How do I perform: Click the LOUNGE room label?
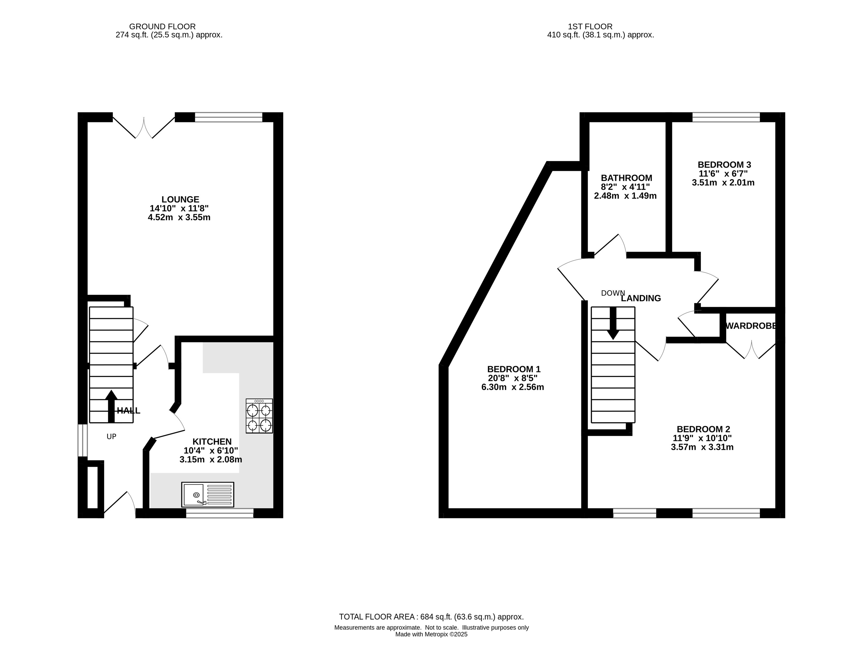click(x=180, y=200)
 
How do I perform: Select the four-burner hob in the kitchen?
click(x=259, y=416)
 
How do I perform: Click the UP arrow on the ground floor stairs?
click(x=111, y=406)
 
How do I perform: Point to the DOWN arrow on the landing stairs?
click(x=613, y=323)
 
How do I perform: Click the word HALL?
click(x=128, y=411)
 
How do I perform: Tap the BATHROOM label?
click(x=626, y=178)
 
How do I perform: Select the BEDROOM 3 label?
click(x=724, y=165)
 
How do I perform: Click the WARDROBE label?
click(x=751, y=326)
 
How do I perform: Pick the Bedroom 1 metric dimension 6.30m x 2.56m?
click(x=513, y=387)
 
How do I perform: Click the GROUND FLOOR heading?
click(x=162, y=26)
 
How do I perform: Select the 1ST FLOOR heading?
click(x=590, y=26)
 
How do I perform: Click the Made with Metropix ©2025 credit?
click(x=431, y=635)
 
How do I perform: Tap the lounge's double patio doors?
click(x=144, y=126)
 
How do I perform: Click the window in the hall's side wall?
click(x=82, y=440)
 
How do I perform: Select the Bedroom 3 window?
click(x=726, y=117)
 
